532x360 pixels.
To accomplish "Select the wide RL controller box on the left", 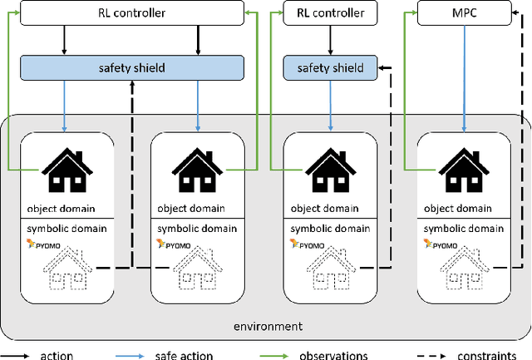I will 131,12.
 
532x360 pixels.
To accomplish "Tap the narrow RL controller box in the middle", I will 330,12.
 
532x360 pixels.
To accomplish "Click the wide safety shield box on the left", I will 131,67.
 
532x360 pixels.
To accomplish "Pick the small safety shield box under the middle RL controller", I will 330,67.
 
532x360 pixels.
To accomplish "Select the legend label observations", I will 333,355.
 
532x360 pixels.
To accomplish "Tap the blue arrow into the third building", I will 330,103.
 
